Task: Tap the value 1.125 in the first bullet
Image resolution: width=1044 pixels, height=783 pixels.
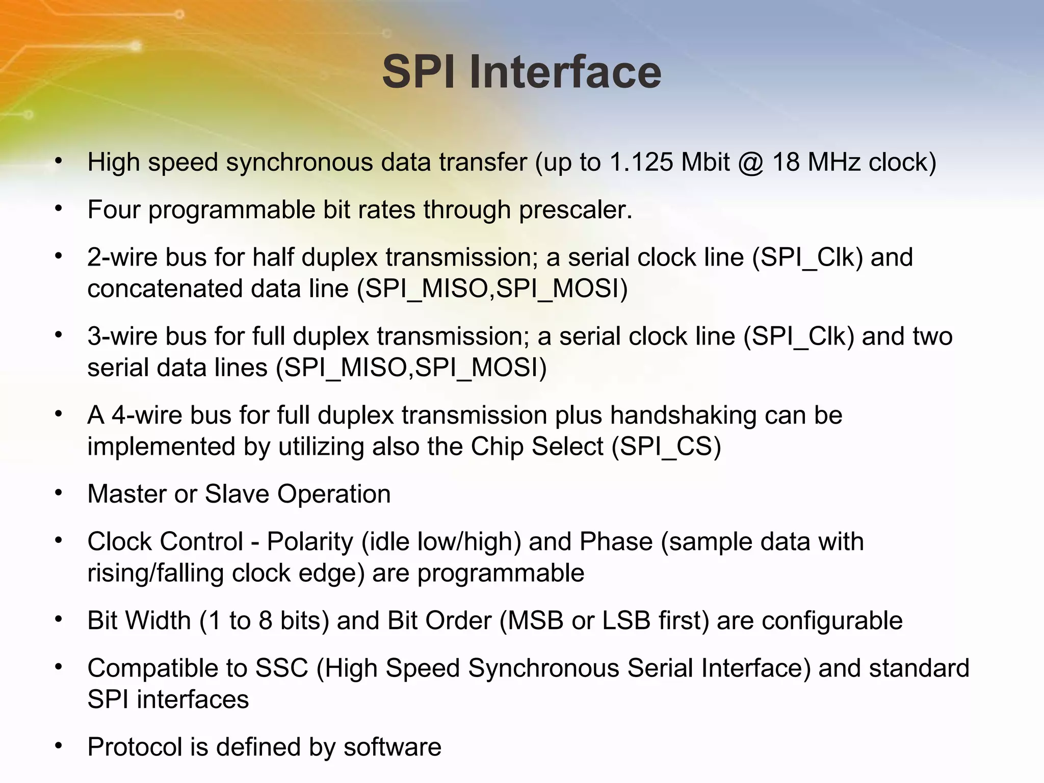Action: tap(641, 163)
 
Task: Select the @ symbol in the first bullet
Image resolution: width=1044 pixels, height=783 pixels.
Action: tap(750, 163)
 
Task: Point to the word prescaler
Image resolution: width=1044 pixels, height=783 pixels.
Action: tap(576, 210)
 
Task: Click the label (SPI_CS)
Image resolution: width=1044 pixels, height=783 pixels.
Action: tap(666, 447)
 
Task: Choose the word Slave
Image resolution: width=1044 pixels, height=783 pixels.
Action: tap(237, 494)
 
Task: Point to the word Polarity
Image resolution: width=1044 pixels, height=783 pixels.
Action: tap(309, 541)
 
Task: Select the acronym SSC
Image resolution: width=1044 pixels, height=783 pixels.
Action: tap(281, 668)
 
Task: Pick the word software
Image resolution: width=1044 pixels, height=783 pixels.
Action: tap(392, 747)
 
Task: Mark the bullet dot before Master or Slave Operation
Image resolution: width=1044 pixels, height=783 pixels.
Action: tap(59, 493)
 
